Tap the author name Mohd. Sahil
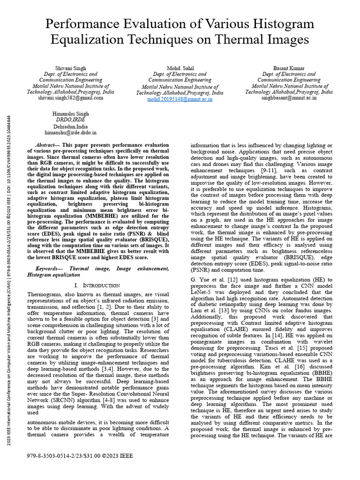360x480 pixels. pos(180,68)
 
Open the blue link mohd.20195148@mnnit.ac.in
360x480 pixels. pos(180,99)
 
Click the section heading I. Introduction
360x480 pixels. pos(97,285)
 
